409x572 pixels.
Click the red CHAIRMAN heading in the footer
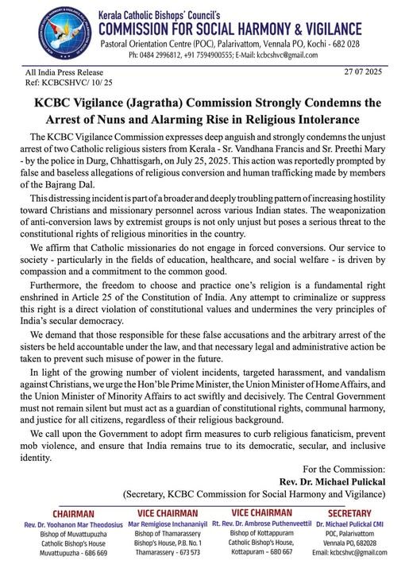[x=72, y=514]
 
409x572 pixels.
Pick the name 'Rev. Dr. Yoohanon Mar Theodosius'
[x=72, y=524]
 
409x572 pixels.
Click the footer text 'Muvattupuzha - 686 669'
[x=72, y=553]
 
